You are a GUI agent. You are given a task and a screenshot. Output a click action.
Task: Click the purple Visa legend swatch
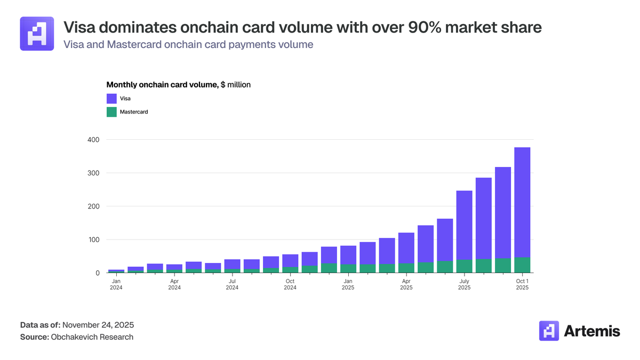tap(111, 99)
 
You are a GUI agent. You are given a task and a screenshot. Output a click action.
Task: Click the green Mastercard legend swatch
tap(111, 112)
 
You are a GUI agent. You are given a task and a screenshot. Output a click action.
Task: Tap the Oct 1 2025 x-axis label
tap(522, 284)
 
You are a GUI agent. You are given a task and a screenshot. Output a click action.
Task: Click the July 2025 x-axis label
tap(464, 284)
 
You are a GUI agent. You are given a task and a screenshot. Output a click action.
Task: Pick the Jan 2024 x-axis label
tap(116, 284)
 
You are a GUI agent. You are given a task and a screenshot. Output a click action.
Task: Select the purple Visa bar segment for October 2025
tap(522, 203)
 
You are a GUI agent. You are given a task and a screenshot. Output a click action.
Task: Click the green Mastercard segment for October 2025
tap(522, 265)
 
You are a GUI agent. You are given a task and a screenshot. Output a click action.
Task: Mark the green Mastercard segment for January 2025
tap(348, 269)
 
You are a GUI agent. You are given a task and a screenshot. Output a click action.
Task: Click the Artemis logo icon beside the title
tap(37, 34)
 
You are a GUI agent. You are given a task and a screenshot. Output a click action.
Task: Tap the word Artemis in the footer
tap(592, 331)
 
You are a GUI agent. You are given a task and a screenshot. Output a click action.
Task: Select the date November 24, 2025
tap(99, 325)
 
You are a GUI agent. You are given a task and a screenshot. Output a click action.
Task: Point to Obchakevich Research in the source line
tap(92, 337)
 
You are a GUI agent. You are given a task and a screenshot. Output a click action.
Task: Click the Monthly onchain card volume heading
tap(162, 85)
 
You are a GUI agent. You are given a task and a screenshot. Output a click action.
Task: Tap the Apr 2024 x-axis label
tap(174, 284)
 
